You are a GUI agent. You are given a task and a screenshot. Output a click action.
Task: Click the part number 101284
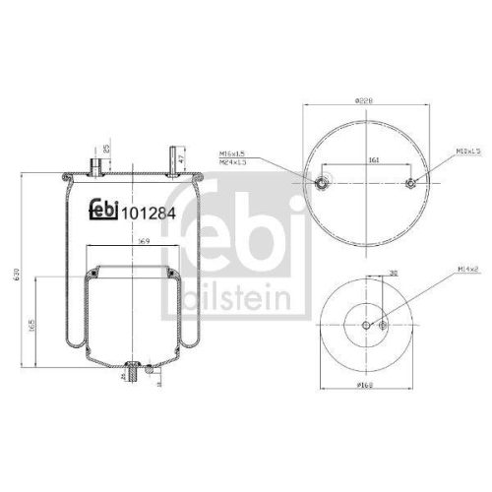point(149,214)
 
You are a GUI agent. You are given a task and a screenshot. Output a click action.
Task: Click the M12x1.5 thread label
point(466,153)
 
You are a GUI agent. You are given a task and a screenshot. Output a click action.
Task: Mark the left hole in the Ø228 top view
point(321,182)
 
